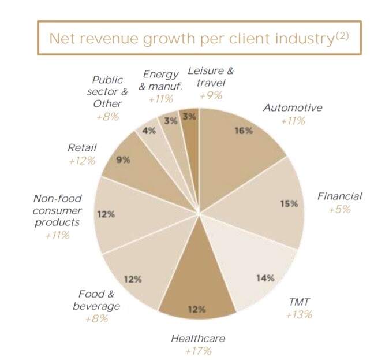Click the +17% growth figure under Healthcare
pos(198,351)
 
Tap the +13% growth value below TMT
pos(299,314)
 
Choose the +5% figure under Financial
pos(339,209)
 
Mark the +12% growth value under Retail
pos(81,161)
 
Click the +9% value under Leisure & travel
pos(211,95)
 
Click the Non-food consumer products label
pos(58,210)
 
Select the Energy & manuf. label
pos(160,81)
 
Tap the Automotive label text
pos(293,107)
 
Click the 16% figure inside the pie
pos(244,131)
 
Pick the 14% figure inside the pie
pos(265,278)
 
